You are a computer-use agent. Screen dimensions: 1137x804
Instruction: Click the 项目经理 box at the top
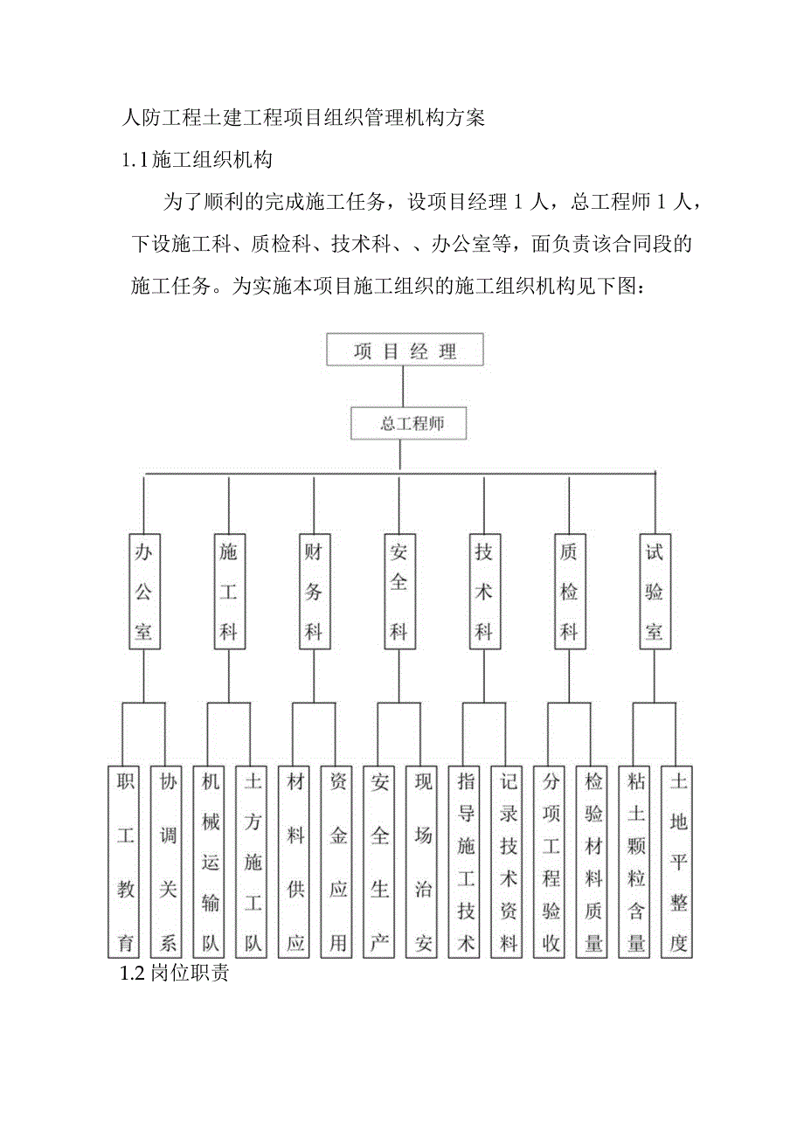tap(405, 350)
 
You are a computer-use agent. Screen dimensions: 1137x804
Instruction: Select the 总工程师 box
tap(409, 424)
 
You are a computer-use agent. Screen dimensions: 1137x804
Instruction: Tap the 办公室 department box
tap(144, 591)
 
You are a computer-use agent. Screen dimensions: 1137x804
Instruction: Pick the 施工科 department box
tap(228, 591)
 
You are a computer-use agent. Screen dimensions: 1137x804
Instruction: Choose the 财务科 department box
tap(313, 591)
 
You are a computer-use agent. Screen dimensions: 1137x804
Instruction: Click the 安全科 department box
tap(399, 591)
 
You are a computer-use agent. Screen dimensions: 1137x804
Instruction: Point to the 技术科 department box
tap(483, 591)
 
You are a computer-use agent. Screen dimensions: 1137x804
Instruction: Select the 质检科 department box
tap(569, 591)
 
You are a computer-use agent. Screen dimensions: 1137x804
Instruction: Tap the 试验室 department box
tap(655, 591)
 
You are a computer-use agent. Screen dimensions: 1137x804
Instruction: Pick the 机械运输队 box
tap(211, 862)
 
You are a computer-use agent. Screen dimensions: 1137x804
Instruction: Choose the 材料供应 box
tap(295, 862)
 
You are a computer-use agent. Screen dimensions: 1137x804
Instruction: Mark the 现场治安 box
tap(424, 862)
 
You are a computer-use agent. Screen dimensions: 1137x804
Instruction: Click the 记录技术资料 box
tap(509, 862)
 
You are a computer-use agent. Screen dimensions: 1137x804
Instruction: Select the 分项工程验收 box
tap(551, 862)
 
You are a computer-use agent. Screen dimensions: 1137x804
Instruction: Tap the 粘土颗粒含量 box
tap(636, 862)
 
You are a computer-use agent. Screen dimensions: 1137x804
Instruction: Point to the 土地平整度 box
tap(679, 862)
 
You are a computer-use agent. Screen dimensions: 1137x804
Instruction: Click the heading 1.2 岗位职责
tap(175, 973)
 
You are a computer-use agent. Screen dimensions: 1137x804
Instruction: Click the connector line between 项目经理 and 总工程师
tap(403, 386)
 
